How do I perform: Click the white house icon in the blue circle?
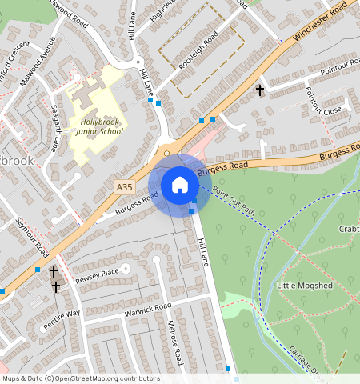[x=180, y=185]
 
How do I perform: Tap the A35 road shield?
[x=123, y=187]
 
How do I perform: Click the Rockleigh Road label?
[x=198, y=50]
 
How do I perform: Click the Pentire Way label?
[x=62, y=318]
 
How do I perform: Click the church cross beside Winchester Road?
[x=260, y=90]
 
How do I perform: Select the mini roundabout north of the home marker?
[x=167, y=152]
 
